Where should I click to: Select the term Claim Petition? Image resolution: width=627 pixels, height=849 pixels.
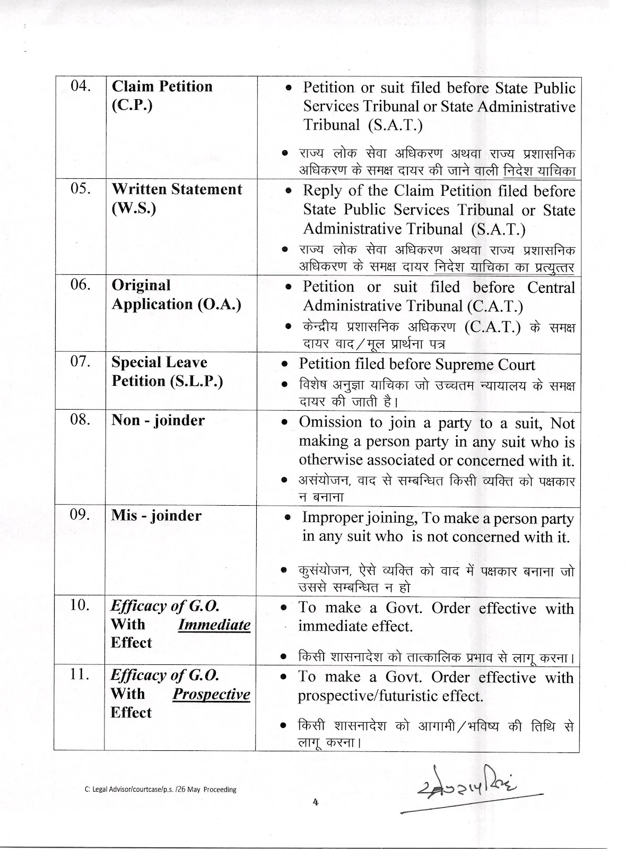click(162, 86)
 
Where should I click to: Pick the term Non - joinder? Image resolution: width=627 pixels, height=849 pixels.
click(158, 420)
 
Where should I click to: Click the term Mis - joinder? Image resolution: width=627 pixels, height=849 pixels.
click(156, 516)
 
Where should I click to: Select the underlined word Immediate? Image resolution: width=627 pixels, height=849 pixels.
click(214, 625)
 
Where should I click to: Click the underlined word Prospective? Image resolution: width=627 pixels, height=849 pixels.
click(211, 695)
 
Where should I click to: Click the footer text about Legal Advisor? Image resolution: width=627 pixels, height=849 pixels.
click(160, 790)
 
